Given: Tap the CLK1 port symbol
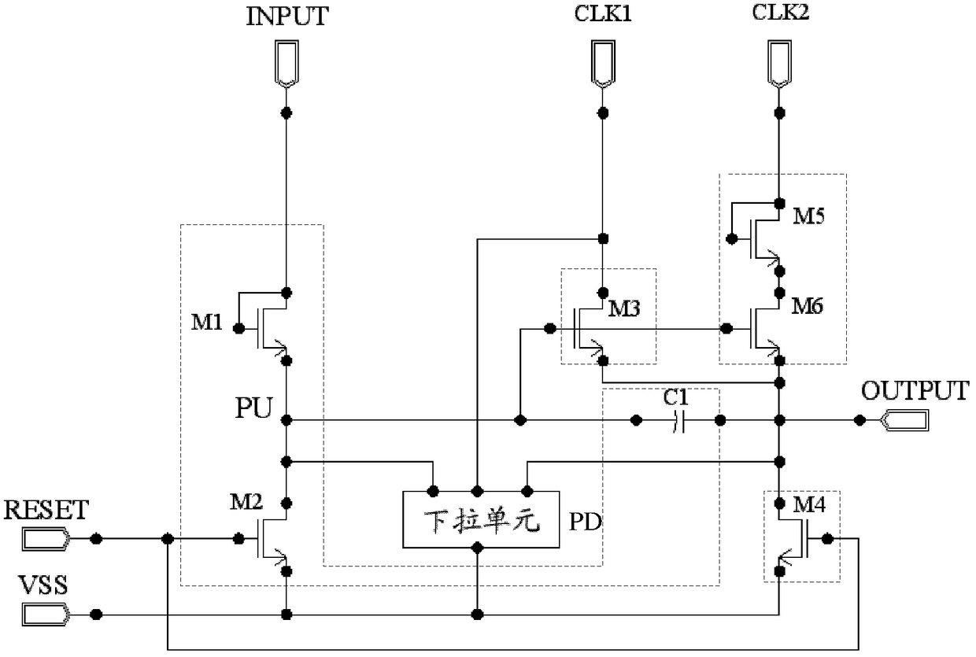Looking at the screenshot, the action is click(x=603, y=64).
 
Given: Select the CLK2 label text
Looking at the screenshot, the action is click(x=780, y=12).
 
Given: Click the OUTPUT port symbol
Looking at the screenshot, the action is click(x=904, y=420).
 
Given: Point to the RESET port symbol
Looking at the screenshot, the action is click(x=46, y=539).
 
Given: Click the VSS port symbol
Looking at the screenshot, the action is click(x=46, y=615).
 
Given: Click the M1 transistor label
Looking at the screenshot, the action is click(x=206, y=323).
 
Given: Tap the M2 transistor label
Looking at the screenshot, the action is click(x=246, y=502).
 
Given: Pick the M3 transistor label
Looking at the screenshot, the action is click(x=624, y=309).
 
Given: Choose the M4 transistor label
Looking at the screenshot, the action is click(x=809, y=505).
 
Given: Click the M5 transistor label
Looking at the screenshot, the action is click(x=808, y=216).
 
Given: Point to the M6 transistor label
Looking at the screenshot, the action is click(x=807, y=306).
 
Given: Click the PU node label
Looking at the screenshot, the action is click(x=253, y=408).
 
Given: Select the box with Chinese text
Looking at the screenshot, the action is click(x=481, y=519).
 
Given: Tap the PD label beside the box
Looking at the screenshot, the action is click(x=585, y=522).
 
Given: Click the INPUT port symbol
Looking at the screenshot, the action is click(x=287, y=64).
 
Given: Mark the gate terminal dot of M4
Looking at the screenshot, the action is click(x=827, y=539).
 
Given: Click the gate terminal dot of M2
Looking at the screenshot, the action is click(x=238, y=539).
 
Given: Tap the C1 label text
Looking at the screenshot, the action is click(x=675, y=397).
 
